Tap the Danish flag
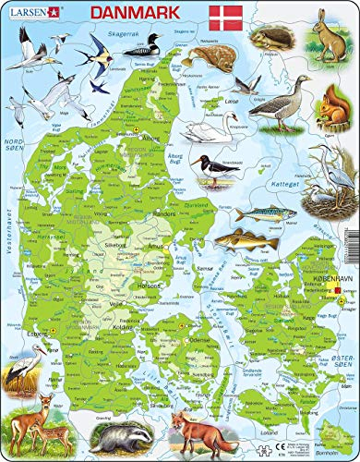225,18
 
